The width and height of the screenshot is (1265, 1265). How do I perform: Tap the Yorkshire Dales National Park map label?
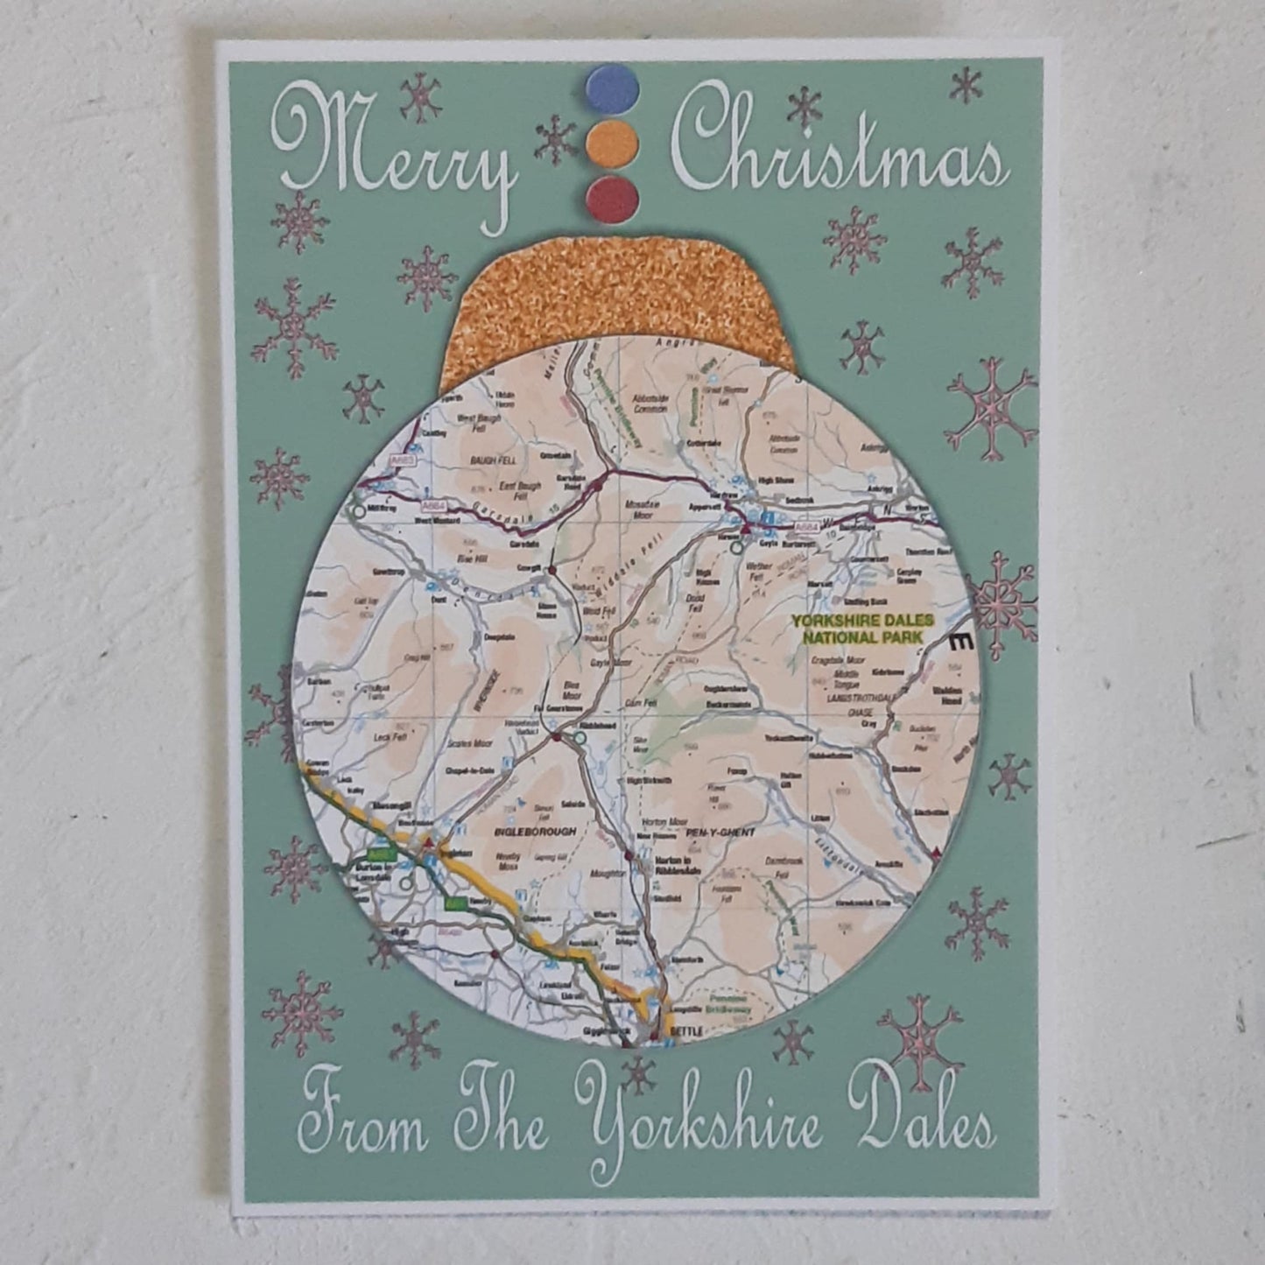point(862,629)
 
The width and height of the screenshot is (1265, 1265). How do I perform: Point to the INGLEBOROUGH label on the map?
point(523,831)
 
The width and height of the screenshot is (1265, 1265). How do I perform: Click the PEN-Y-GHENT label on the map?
point(720,832)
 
